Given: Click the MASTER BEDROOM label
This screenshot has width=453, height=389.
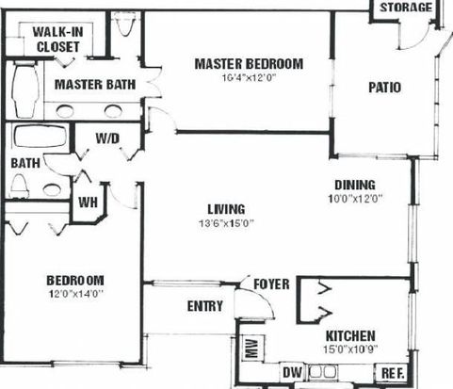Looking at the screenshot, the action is click(x=249, y=64).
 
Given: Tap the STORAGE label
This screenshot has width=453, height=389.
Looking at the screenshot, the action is click(x=406, y=8).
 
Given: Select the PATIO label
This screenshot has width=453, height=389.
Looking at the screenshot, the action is click(x=384, y=88).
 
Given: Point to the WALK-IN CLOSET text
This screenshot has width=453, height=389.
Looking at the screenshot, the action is click(x=57, y=40).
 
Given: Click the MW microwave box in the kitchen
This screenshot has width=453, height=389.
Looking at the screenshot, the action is click(x=252, y=348).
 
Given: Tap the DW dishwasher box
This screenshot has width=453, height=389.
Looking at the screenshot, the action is click(x=292, y=372).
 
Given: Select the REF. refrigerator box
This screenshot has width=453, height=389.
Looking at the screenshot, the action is click(x=393, y=373).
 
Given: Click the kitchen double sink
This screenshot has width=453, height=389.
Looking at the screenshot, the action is click(x=322, y=372).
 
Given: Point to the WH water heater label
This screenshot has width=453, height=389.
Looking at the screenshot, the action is click(x=88, y=203).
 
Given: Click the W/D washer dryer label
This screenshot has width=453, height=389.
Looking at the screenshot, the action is click(x=107, y=138).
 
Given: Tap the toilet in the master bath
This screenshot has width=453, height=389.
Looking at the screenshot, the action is click(x=125, y=24).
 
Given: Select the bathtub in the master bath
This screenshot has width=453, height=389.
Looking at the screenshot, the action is click(x=25, y=89).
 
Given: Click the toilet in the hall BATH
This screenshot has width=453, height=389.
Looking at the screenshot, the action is click(x=19, y=186).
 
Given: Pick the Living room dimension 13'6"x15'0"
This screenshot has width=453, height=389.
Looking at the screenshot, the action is click(x=226, y=223).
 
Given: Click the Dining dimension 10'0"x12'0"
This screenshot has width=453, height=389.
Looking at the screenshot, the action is click(x=355, y=199).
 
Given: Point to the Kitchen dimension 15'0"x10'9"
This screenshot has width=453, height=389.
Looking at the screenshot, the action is click(x=350, y=349).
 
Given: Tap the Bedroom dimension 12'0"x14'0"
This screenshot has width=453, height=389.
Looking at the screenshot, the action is click(x=76, y=294).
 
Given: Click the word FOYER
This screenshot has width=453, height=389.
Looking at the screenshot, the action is click(x=271, y=284).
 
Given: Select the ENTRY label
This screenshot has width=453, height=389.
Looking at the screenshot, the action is click(x=205, y=306).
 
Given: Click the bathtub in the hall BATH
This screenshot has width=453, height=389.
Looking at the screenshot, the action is click(x=40, y=136).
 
